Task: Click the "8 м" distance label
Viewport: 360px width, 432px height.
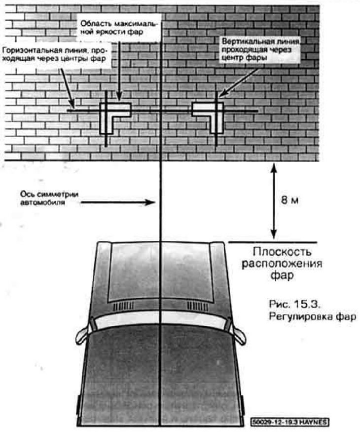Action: coord(289,200)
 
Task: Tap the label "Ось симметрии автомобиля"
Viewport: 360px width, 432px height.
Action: coord(49,198)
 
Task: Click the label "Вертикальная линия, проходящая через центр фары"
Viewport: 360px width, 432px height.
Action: coord(261,49)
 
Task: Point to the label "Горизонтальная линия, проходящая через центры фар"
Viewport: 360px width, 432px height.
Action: coord(54,55)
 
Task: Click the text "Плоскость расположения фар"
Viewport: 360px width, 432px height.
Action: coord(282,264)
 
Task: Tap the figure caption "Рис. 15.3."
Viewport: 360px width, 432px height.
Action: coord(293,304)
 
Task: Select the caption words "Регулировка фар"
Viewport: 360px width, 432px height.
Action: coord(312,316)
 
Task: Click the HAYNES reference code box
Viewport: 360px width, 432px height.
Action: coord(290,422)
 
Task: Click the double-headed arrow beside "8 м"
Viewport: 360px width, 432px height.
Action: coord(274,201)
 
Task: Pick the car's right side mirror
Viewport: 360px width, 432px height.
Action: coord(238,334)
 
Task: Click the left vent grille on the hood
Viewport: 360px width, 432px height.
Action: coord(124,306)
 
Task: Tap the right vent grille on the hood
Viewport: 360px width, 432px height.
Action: coord(198,306)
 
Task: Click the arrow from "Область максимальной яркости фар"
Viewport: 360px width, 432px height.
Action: coord(119,70)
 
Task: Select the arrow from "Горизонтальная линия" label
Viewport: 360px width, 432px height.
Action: coord(68,88)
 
